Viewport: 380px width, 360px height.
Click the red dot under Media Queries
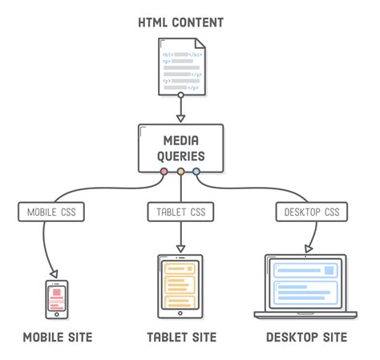coord(164,171)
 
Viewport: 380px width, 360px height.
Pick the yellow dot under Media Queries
coord(180,171)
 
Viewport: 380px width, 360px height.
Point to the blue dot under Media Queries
coord(196,171)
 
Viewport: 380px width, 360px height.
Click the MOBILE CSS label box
coord(52,212)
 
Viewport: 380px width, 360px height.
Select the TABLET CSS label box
coord(180,212)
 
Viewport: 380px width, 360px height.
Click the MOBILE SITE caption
coord(57,338)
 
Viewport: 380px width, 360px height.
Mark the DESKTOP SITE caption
coord(306,338)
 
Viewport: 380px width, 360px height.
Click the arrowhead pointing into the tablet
coord(180,249)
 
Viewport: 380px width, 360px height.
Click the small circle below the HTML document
coord(181,96)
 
